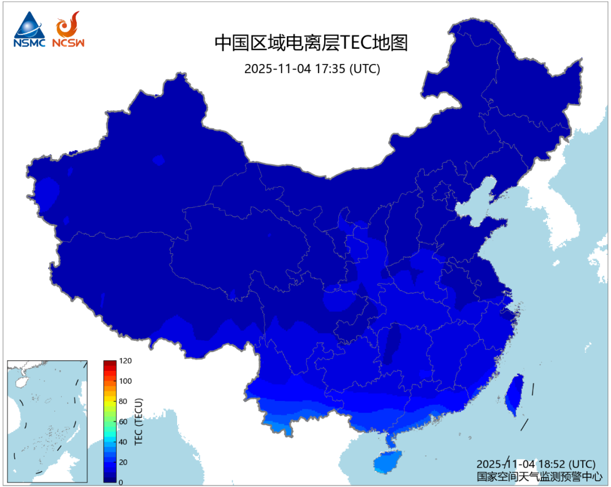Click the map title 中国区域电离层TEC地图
pos(311,43)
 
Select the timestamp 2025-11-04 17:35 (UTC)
pos(312,69)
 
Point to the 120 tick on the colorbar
pos(124,361)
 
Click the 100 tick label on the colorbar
pos(124,381)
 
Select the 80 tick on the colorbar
pos(123,401)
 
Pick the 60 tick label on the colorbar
pos(123,422)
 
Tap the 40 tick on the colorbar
pos(123,442)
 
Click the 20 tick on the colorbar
pos(123,462)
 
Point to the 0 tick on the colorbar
pos(121,482)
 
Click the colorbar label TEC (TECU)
pos(139,422)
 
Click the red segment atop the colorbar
pos(110,365)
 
